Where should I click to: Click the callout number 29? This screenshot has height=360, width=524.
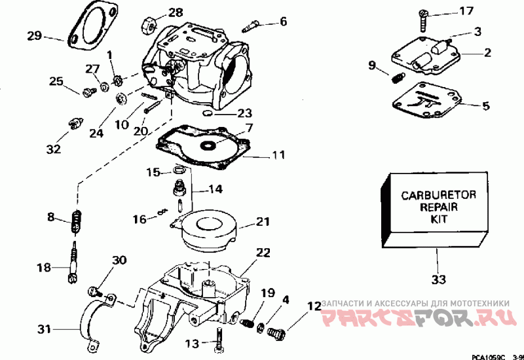35,36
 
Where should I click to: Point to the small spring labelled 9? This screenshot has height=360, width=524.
398,78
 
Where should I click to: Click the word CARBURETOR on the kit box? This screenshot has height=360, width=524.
438,195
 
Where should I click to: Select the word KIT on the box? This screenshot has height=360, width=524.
438,219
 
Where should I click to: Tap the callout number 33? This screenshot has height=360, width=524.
438,279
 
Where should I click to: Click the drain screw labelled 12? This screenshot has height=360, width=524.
276,333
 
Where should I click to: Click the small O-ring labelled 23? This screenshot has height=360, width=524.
208,113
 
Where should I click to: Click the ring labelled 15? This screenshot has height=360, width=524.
179,170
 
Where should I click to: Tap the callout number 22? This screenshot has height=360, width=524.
263,253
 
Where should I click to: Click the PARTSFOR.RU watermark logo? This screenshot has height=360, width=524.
419,317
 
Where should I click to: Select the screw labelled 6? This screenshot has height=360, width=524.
250,26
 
